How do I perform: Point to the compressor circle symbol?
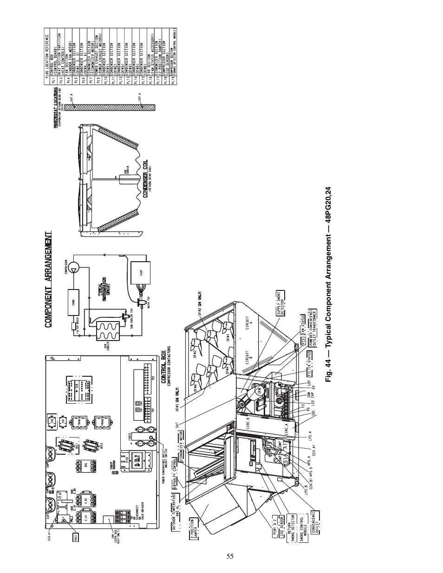(x=78, y=264)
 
